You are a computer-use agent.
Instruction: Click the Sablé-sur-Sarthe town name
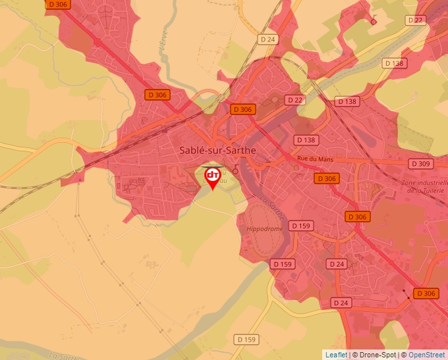pos(217,150)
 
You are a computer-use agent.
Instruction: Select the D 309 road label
pos(420,163)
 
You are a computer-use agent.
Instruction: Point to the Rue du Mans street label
pos(312,159)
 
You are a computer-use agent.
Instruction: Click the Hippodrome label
pos(264,228)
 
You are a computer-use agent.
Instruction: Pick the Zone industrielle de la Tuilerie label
pos(425,186)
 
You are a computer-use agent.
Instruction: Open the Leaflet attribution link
pos(336,355)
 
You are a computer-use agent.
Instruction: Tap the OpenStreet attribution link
pos(426,355)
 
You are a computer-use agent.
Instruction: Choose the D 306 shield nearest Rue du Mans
pos(326,178)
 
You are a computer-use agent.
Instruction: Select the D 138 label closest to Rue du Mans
pos(306,140)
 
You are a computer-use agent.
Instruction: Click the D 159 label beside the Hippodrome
pos(300,226)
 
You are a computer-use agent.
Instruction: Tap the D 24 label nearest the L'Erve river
pos(268,39)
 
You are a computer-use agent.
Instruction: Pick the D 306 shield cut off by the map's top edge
pos(58,4)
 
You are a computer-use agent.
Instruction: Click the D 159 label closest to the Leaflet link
pos(246,340)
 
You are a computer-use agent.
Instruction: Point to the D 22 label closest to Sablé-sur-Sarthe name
pos(294,99)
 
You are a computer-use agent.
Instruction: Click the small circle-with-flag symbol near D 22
pos(374,20)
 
